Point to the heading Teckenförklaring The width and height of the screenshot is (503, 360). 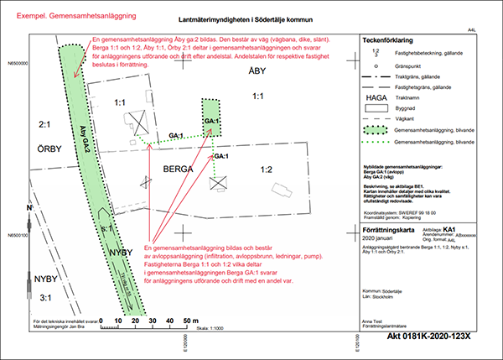click(x=388, y=39)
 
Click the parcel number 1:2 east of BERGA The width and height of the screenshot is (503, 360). click(x=266, y=170)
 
